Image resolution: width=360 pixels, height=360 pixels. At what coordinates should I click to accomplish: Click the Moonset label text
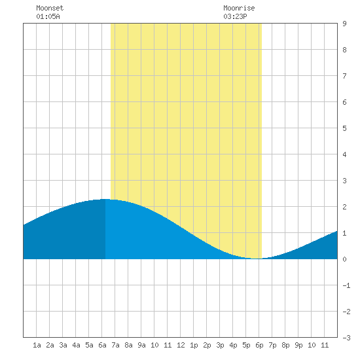50,8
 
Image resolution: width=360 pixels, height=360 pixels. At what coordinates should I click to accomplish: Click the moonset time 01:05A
48,16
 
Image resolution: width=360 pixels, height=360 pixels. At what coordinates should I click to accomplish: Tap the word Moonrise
239,8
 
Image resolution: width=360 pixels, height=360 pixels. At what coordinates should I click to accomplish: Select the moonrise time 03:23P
235,16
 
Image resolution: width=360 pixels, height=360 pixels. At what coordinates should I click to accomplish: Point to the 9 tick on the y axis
344,24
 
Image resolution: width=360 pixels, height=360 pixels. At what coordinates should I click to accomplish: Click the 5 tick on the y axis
344,128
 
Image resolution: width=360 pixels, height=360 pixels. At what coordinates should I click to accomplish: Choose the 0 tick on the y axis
344,259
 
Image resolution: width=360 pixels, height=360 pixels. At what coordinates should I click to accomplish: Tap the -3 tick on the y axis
346,338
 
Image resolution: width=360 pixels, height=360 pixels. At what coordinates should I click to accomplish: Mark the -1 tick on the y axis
346,285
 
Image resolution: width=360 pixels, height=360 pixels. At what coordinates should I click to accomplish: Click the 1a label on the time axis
37,345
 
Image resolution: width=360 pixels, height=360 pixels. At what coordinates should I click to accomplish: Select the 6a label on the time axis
102,345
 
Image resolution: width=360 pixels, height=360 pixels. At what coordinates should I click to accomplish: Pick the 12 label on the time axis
181,345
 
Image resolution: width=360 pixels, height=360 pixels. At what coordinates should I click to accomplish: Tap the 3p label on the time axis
220,345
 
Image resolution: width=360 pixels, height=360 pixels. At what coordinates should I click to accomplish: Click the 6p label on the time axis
259,345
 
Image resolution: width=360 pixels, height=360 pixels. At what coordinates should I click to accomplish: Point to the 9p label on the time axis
298,345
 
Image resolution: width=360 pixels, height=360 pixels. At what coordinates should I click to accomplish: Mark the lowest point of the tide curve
257,259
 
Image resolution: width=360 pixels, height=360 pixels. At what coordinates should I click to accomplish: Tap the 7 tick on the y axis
344,76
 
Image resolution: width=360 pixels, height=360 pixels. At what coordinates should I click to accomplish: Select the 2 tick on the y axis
344,207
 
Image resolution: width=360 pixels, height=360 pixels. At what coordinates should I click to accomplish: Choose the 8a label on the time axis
128,345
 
